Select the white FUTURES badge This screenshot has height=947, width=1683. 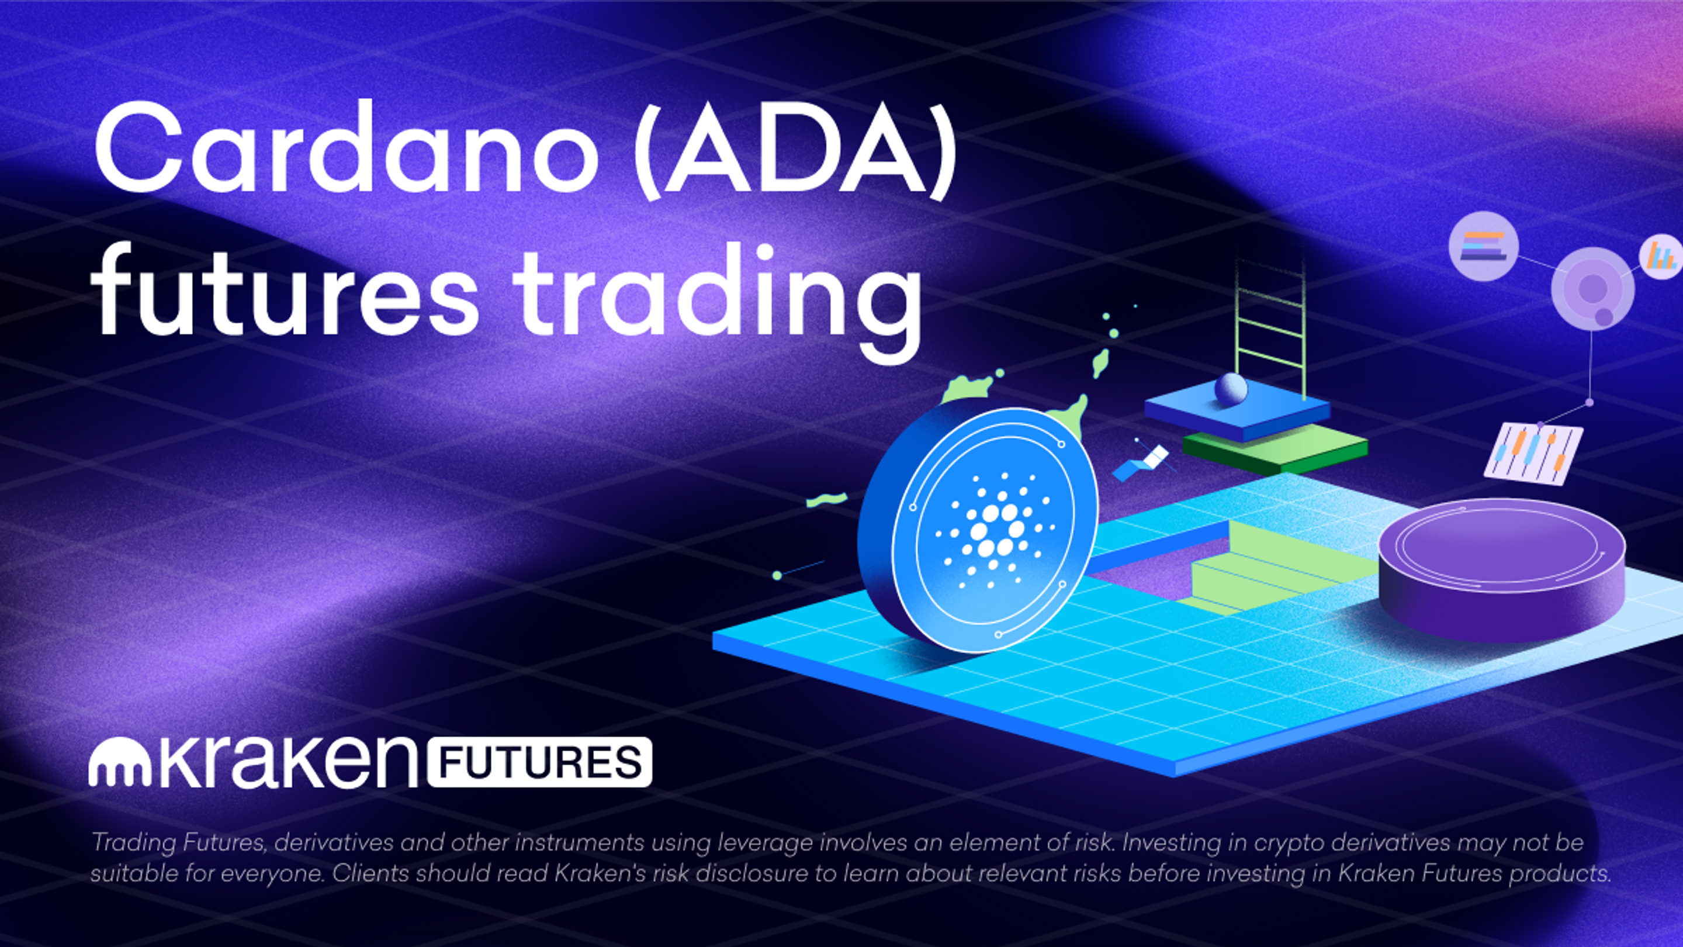click(539, 763)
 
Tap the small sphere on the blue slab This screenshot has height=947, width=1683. click(1230, 388)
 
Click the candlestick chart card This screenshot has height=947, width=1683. click(1533, 453)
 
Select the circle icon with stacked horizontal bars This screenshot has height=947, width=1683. click(1483, 246)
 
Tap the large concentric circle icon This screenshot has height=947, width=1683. click(1592, 288)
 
